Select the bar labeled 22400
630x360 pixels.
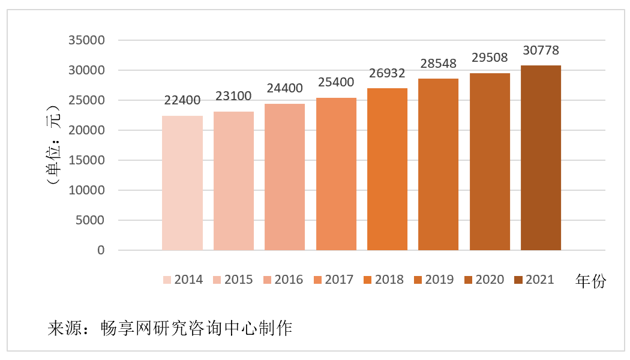coord(182,183)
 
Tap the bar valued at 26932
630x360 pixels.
coord(387,169)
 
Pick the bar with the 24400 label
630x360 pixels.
coord(284,177)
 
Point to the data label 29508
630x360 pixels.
coord(489,58)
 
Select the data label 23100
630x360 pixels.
coord(233,96)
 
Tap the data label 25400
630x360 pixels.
coord(335,82)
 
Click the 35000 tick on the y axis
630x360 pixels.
coord(86,41)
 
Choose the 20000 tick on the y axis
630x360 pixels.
coord(86,130)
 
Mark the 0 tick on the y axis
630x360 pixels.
coord(100,250)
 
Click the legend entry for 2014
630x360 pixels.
coord(183,280)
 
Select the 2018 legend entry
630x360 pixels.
coord(384,280)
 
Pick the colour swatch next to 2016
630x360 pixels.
coord(268,280)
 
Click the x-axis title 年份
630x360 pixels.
coord(590,281)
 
